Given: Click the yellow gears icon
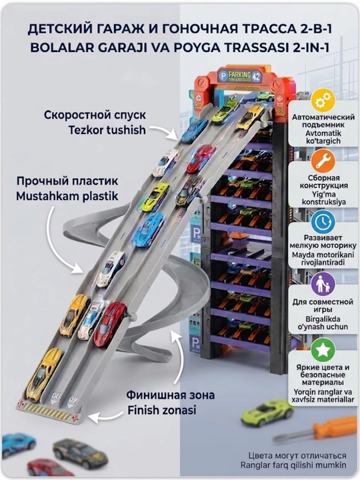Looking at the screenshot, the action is coord(323,101).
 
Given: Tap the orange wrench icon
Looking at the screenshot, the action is coord(323,161).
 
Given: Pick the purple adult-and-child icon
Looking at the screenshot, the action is coord(323,284).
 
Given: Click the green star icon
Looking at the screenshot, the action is coord(323,350).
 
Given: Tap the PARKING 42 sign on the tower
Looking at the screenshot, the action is coord(241,75).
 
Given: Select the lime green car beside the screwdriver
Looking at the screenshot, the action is coord(267,412).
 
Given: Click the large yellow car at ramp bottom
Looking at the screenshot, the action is coord(45,374).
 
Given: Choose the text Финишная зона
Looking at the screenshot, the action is coord(171,395).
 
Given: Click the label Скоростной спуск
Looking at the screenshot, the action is coord(95,115).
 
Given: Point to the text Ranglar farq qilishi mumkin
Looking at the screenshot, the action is coord(293,465).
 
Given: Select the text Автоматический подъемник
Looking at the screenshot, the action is coord(323,121).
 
